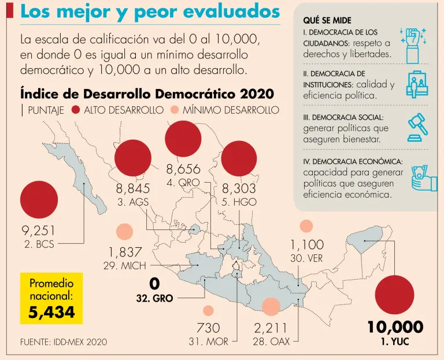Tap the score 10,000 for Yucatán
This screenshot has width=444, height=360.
click(x=395, y=327)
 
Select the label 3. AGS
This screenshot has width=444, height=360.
click(x=134, y=202)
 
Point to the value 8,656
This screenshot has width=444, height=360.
click(x=183, y=169)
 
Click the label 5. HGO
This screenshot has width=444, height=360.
click(x=239, y=202)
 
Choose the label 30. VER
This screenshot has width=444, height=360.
click(x=306, y=258)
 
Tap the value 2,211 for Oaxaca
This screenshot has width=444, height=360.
click(x=271, y=328)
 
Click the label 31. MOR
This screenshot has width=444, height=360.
click(x=208, y=342)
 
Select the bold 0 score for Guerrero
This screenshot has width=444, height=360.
click(x=154, y=284)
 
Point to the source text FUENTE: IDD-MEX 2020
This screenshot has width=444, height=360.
click(x=64, y=342)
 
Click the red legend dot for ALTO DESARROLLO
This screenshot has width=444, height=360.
click(x=75, y=110)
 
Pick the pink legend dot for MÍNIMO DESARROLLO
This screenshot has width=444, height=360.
click(x=174, y=110)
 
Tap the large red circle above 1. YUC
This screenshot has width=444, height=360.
click(x=395, y=295)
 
